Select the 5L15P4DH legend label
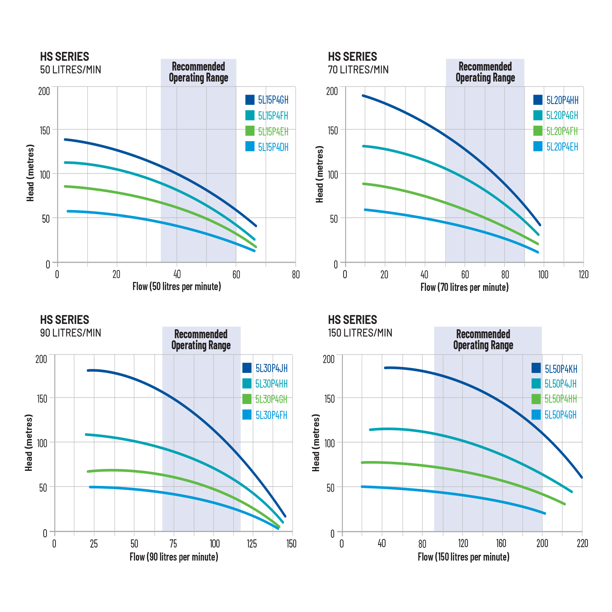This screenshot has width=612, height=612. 273,147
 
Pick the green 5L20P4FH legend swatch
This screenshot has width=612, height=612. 538,131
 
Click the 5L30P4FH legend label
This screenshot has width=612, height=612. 271,415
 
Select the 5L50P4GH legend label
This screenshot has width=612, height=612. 561,415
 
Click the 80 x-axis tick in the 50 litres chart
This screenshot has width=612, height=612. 296,275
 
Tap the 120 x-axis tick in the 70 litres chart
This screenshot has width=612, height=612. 583,275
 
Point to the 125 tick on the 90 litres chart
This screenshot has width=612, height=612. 252,543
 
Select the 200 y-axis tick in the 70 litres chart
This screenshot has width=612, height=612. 333,91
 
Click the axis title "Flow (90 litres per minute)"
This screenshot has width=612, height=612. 174,557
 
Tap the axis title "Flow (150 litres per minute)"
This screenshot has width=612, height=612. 463,557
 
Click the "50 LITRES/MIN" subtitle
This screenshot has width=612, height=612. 71,69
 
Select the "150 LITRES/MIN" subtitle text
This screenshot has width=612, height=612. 360,333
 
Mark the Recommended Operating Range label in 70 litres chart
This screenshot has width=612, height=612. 485,72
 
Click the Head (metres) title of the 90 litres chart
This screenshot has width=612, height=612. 29,443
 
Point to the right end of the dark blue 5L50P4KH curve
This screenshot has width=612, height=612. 581,477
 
